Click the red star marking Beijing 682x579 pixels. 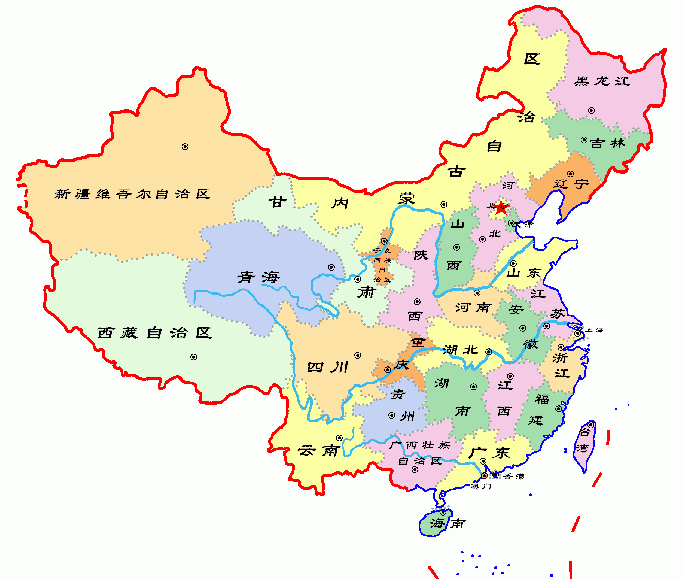[501, 207]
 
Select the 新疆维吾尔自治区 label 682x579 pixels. [132, 194]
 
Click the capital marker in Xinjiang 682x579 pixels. [185, 147]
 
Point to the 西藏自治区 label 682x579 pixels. [155, 333]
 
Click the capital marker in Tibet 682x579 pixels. [194, 357]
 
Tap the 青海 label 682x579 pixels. [258, 277]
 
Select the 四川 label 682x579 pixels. [327, 367]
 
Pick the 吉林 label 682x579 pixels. [608, 143]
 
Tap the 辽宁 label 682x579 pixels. [571, 184]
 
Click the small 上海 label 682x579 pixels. [594, 330]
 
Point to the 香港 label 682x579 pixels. [514, 476]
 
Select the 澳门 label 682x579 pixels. [480, 486]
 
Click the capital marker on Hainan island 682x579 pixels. [443, 512]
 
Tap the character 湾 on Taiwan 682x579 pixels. [582, 448]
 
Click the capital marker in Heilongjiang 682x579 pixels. [591, 111]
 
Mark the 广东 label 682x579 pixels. [488, 453]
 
